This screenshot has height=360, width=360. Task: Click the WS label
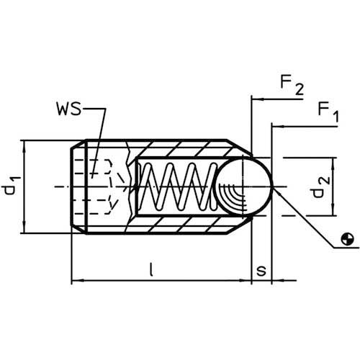click(x=69, y=109)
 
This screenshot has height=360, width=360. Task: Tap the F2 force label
click(x=292, y=85)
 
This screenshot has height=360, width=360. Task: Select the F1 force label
click(x=328, y=112)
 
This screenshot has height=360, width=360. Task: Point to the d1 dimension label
click(x=12, y=185)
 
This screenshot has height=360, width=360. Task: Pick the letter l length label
click(x=150, y=269)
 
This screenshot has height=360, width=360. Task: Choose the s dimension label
click(x=261, y=271)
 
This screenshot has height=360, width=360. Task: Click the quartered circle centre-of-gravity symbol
click(x=347, y=239)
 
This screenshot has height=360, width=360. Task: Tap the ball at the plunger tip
click(x=243, y=186)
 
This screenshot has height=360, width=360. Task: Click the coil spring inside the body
click(x=179, y=186)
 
